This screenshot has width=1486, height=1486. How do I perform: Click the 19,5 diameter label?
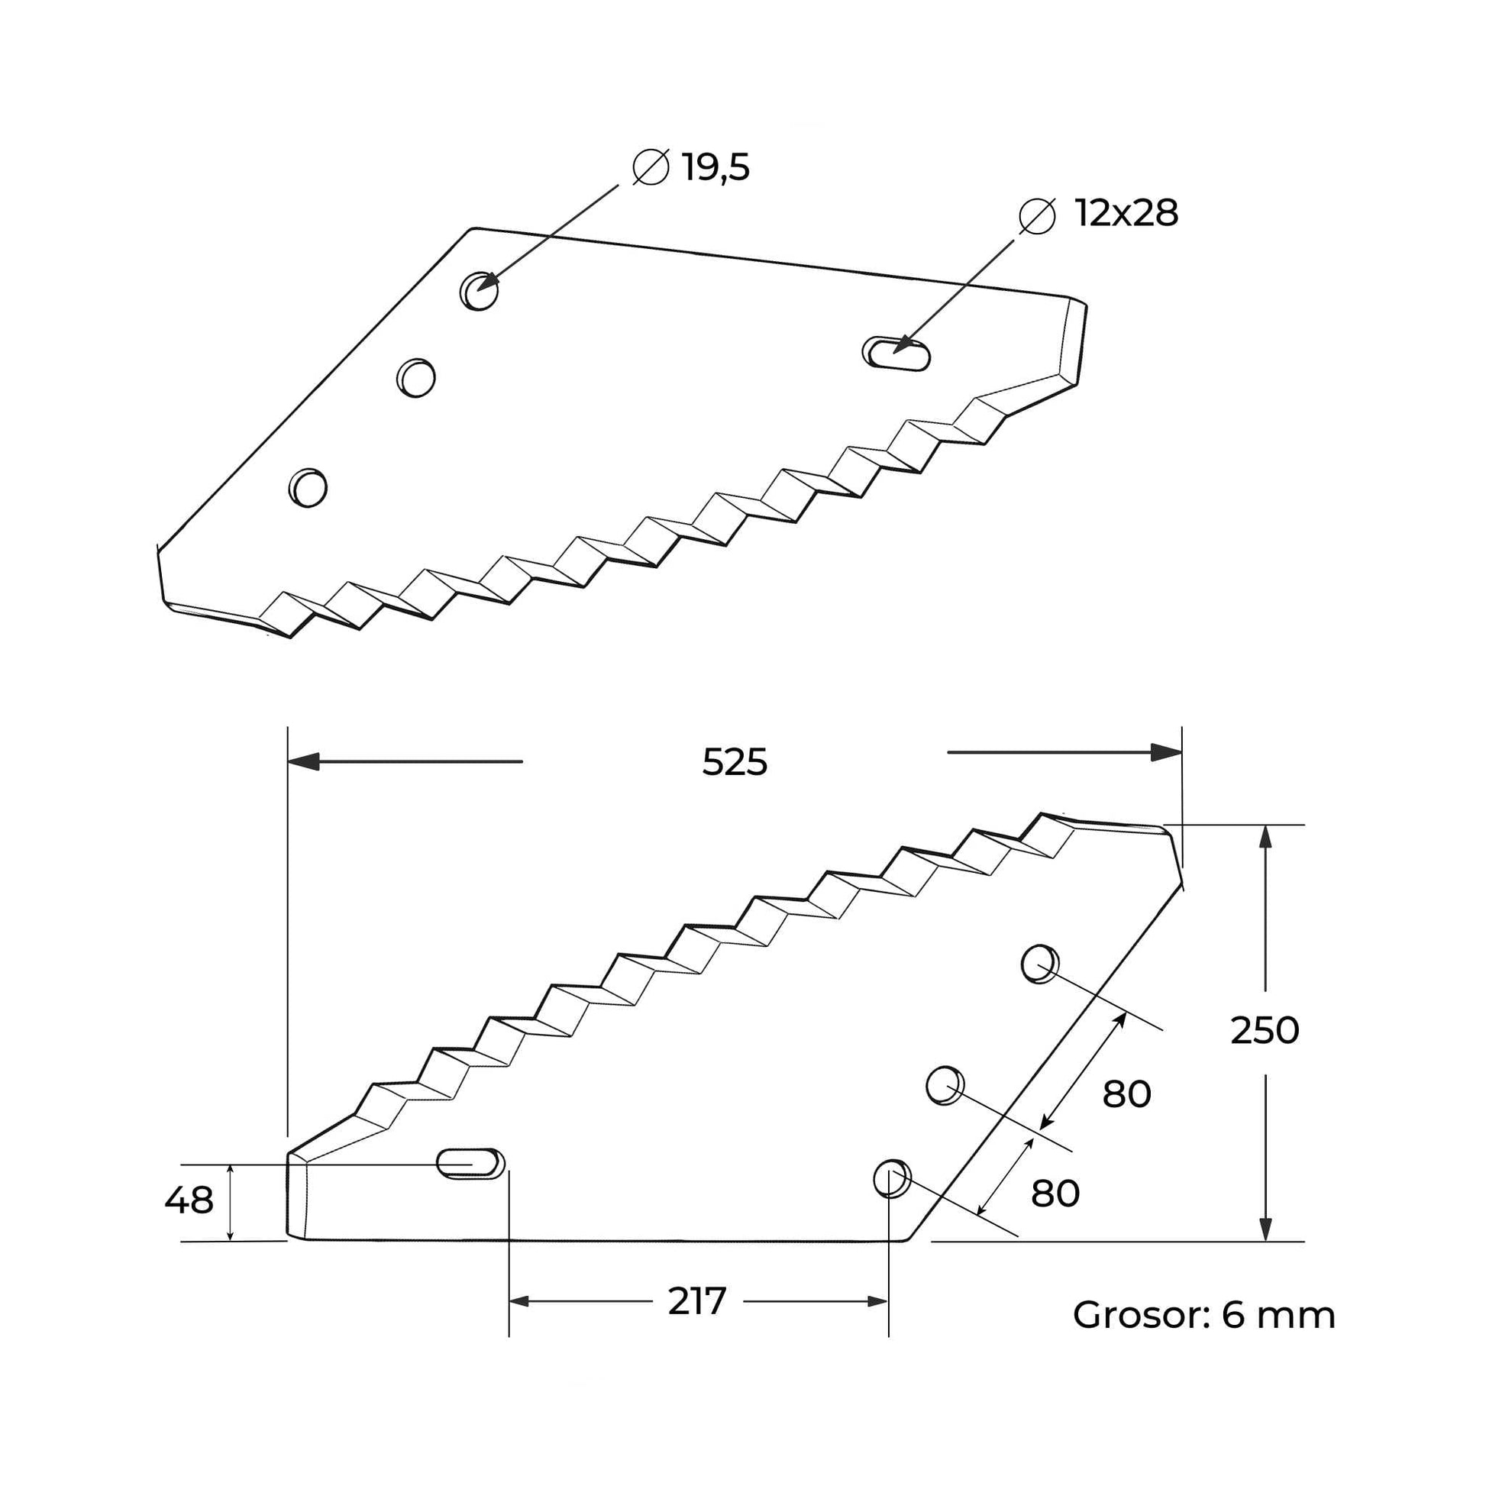(x=716, y=168)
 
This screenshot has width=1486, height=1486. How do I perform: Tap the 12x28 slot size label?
(x=1126, y=214)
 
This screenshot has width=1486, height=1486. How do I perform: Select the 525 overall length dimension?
(x=735, y=763)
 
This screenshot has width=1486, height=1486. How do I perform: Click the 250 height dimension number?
(x=1265, y=1031)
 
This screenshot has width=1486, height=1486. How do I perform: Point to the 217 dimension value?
(x=697, y=1301)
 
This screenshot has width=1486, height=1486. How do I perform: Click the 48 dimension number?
(x=189, y=1200)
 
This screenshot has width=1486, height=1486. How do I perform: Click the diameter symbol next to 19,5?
(x=651, y=166)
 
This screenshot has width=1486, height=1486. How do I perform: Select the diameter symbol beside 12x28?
(x=1037, y=215)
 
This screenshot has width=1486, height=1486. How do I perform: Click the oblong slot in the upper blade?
(x=896, y=354)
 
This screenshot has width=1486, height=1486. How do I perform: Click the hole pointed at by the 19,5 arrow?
(x=480, y=291)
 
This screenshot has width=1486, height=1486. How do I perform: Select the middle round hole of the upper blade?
(x=416, y=377)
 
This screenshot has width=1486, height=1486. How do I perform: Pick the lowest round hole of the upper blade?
(x=308, y=487)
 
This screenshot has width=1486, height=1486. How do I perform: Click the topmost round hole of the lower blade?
(x=1040, y=964)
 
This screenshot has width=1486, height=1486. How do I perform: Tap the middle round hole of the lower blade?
(x=945, y=1085)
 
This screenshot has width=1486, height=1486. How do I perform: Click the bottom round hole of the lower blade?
(x=892, y=1177)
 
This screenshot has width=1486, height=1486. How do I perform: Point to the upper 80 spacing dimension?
(x=1126, y=1094)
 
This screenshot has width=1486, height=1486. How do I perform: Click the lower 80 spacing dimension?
(x=1055, y=1193)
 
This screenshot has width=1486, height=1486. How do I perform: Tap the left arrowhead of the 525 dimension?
(x=303, y=761)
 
